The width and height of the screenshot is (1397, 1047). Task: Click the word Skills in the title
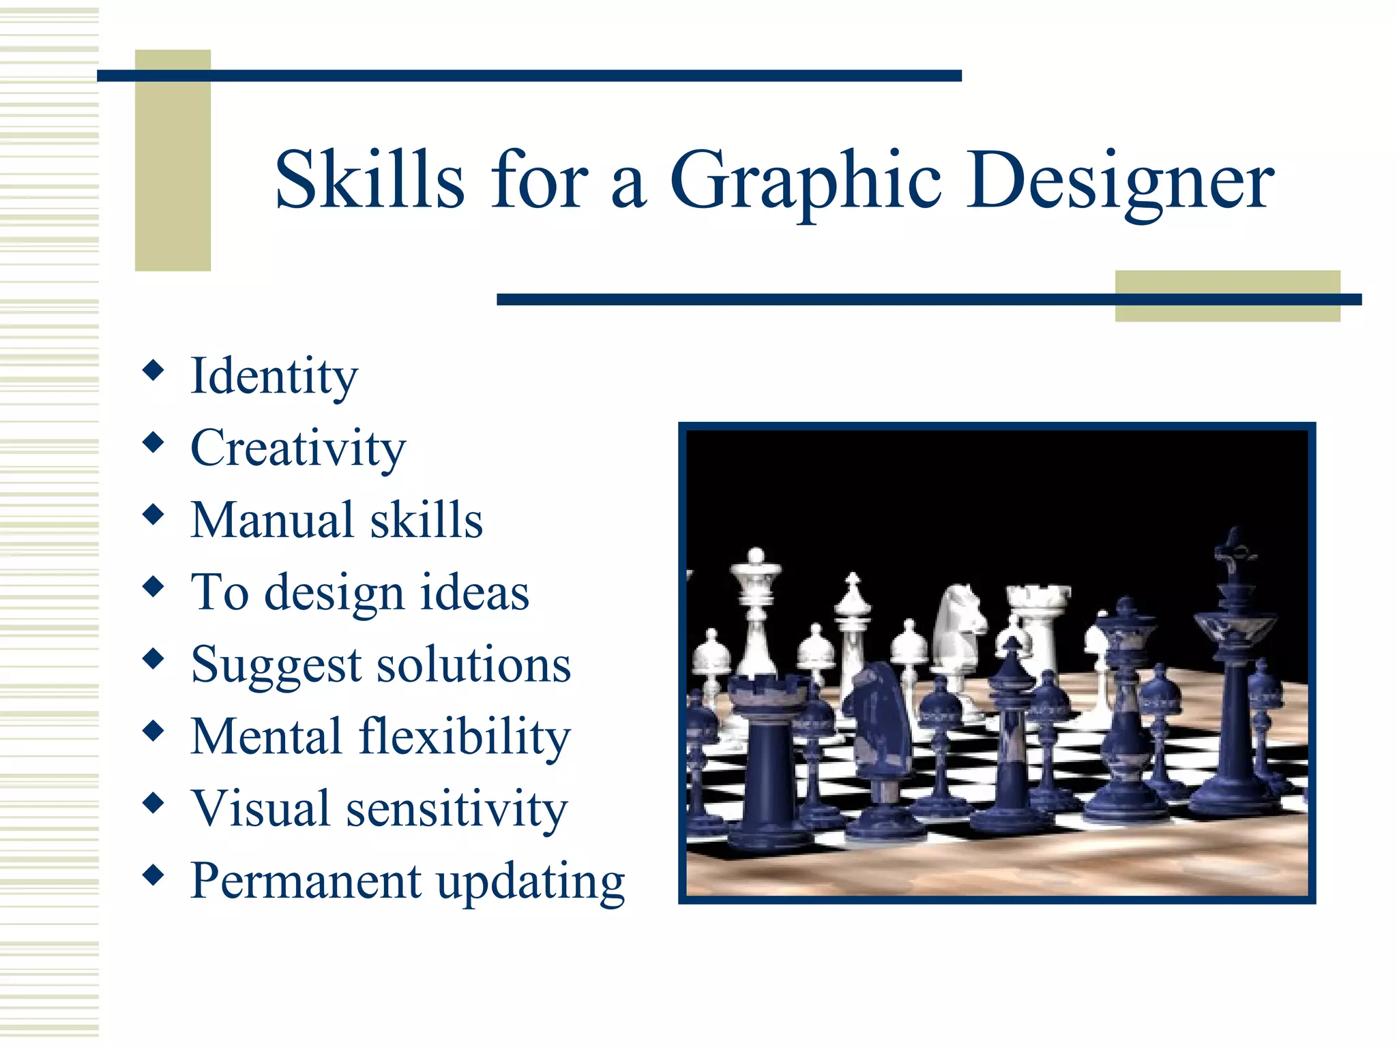(369, 179)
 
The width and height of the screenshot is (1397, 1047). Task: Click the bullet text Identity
(274, 376)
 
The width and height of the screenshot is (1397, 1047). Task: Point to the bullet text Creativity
(298, 449)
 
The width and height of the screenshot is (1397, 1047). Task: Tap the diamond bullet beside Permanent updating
(153, 875)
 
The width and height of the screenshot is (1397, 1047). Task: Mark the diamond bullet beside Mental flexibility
(153, 731)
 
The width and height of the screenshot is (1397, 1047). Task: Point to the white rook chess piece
(1037, 620)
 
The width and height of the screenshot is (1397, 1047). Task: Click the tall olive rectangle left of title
(173, 160)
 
